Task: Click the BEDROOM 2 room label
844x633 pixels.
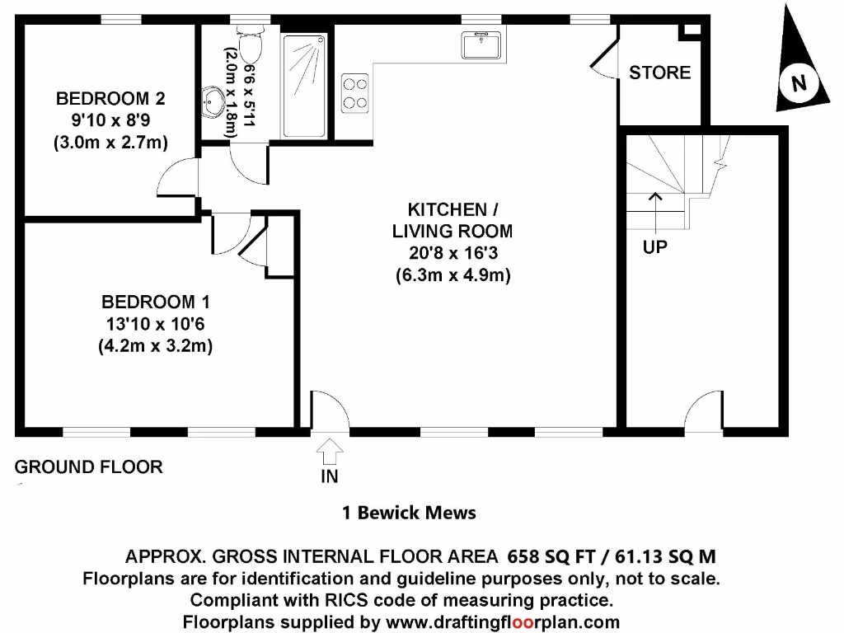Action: coord(110,99)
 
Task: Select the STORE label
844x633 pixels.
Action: coord(659,73)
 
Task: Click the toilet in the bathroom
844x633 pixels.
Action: coord(249,43)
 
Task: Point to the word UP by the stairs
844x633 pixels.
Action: coord(655,246)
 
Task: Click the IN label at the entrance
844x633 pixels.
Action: coord(330,476)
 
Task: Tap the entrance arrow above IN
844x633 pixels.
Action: coord(330,451)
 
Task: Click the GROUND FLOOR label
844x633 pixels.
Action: coord(89,467)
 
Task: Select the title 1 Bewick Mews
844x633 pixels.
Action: coord(409,513)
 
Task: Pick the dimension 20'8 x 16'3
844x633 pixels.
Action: coord(452,253)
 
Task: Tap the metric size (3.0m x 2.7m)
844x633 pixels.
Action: coord(110,143)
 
